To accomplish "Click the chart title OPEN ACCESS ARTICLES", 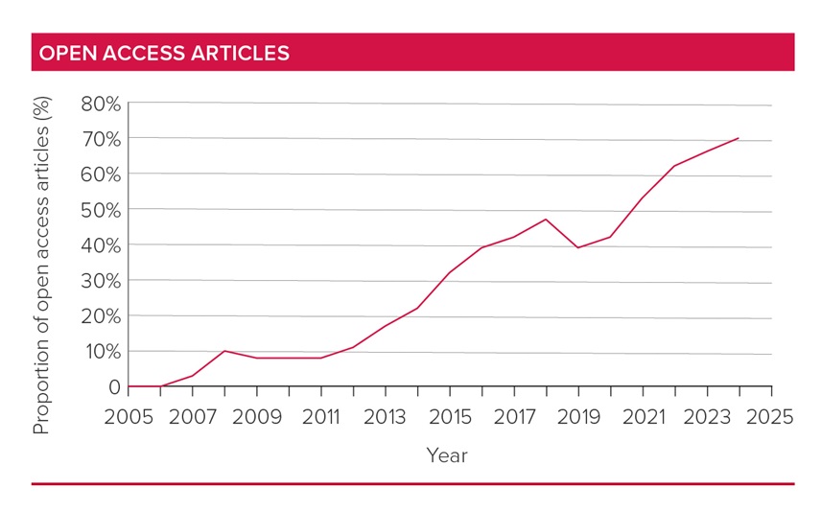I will [161, 54].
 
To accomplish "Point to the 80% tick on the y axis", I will [101, 104].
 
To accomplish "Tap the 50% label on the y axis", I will [101, 210].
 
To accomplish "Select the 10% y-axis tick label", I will [101, 352].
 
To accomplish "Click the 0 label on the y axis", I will [115, 387].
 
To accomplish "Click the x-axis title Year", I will [447, 455].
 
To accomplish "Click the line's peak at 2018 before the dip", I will [546, 220].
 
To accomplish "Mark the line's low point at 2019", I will [577, 247].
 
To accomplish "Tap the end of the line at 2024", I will [738, 138].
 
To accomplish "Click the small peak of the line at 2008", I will [224, 351].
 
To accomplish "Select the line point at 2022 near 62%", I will [673, 166].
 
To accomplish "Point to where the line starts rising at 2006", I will [161, 386].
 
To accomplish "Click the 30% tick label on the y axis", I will [101, 281].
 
